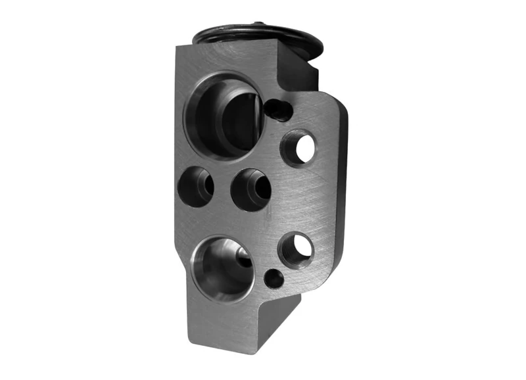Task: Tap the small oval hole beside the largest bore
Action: (x=279, y=109)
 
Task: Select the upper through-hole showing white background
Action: (x=303, y=149)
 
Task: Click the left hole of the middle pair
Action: (x=196, y=186)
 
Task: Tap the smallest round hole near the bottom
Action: (x=274, y=278)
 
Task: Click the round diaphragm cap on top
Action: (x=260, y=37)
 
